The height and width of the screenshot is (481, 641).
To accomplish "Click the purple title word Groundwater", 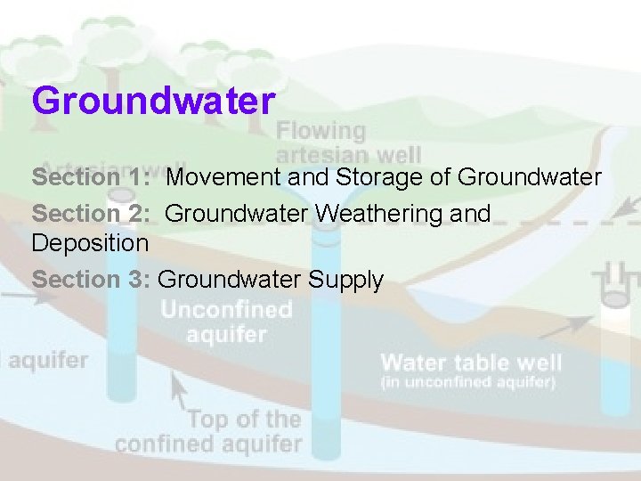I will pyautogui.click(x=153, y=101).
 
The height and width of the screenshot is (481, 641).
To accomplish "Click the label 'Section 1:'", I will pyautogui.click(x=81, y=177).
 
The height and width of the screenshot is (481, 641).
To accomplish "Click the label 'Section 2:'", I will pyautogui.click(x=81, y=214).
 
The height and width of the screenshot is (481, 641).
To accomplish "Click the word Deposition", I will pyautogui.click(x=90, y=242).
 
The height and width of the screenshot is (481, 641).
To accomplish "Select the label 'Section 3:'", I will pyautogui.click(x=81, y=280).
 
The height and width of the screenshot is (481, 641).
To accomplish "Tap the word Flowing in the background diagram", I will pyautogui.click(x=321, y=131).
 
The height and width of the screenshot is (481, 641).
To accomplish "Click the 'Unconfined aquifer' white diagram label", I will pyautogui.click(x=226, y=322).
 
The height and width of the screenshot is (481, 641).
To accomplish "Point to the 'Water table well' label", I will pyautogui.click(x=471, y=363).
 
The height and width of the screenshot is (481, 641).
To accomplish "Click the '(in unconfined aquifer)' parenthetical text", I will pyautogui.click(x=468, y=383).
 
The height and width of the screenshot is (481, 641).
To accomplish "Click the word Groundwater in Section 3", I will pyautogui.click(x=230, y=280).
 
